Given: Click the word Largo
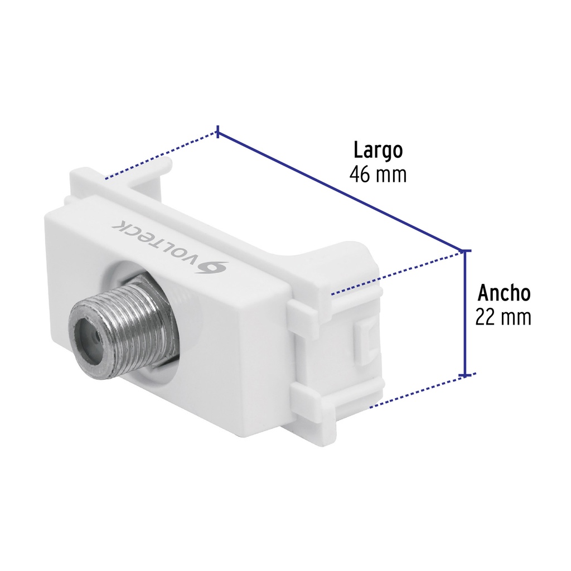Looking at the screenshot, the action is (378, 151).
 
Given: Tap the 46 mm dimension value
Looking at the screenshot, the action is (378, 175).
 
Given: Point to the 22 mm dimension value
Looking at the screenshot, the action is (504, 317).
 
